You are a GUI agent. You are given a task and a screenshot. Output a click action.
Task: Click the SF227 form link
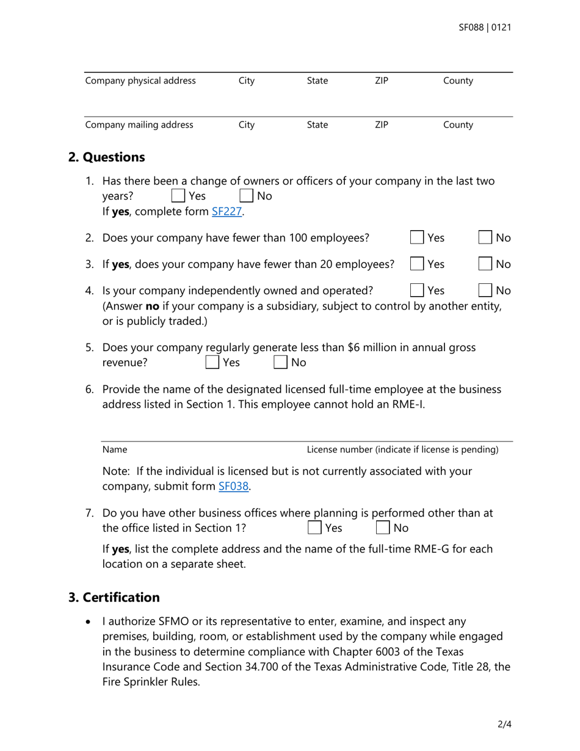pos(227,212)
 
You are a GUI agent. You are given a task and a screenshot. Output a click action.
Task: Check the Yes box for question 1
pos(178,196)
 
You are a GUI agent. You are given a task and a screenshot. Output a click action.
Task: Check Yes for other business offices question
pos(314,527)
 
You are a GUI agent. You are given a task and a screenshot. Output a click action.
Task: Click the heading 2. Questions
pos(107,157)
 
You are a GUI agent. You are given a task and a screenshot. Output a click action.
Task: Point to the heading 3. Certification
pos(114,597)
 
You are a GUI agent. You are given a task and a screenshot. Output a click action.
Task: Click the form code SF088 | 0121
pos(485,27)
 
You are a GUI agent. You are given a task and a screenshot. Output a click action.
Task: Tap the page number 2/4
pos(504,725)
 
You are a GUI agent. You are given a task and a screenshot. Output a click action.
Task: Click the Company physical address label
pos(140,81)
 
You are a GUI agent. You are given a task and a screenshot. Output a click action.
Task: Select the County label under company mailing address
pos(458,125)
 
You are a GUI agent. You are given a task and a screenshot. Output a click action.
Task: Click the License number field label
pos(402,450)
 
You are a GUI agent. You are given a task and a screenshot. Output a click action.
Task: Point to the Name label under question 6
pos(115,450)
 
